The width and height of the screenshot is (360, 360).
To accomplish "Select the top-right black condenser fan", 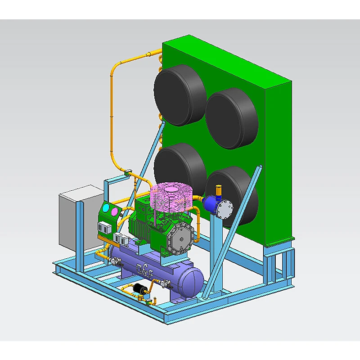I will coord(231,118).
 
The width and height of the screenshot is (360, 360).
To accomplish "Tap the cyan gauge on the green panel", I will coord(106,208).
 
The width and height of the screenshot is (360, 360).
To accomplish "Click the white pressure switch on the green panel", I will coord(104,227).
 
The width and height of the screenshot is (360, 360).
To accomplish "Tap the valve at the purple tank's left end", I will coord(114,261).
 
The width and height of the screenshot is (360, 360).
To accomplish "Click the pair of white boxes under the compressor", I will coord(119,238).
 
